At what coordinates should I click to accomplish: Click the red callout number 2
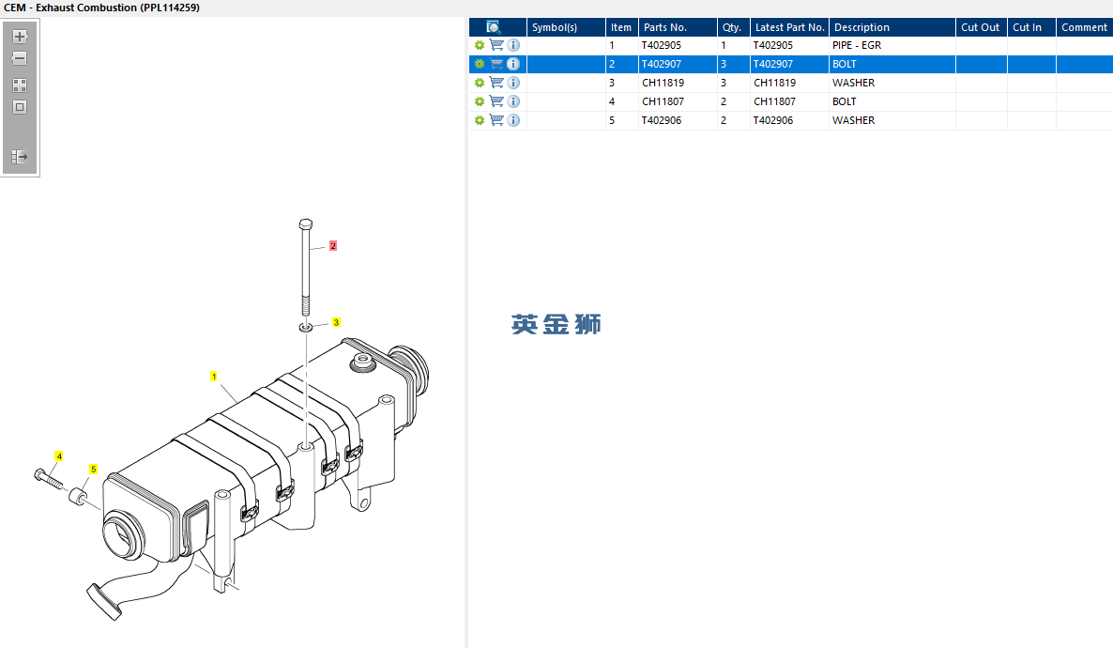click(x=332, y=246)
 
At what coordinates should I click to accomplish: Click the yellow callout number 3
click(x=336, y=322)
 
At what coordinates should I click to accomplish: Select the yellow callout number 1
click(x=214, y=377)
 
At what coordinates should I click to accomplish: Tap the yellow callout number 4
click(x=59, y=456)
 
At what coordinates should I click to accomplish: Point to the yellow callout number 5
click(x=93, y=469)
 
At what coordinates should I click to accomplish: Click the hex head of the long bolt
click(x=305, y=224)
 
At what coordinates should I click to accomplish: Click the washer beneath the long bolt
click(x=306, y=327)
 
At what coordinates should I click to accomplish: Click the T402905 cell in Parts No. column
click(x=662, y=45)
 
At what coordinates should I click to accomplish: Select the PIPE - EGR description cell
click(x=857, y=45)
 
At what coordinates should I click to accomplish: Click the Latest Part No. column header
click(x=789, y=27)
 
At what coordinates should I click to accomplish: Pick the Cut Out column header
click(x=981, y=27)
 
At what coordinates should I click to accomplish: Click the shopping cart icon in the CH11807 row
click(x=496, y=101)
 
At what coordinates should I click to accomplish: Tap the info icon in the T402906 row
click(x=513, y=120)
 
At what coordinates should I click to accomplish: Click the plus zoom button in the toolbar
click(x=20, y=37)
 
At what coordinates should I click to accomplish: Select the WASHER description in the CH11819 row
click(x=853, y=83)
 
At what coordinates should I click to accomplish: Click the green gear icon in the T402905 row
click(x=480, y=45)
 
